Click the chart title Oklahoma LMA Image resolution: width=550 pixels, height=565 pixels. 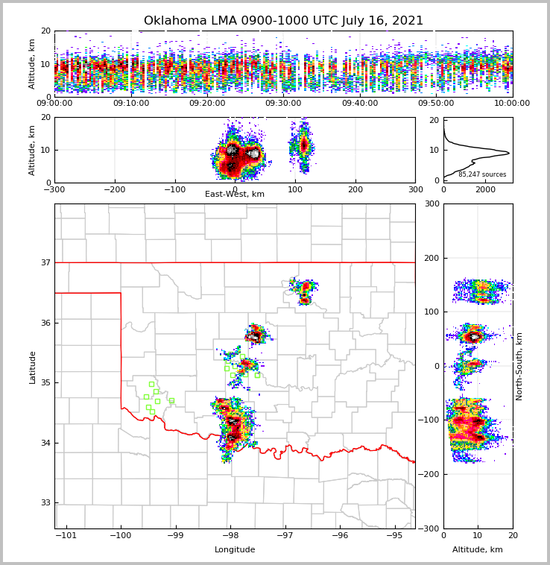pyautogui.click(x=283, y=21)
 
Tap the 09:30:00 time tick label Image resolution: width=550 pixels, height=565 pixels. pyautogui.click(x=283, y=104)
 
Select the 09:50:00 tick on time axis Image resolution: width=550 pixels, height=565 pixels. pyautogui.click(x=436, y=104)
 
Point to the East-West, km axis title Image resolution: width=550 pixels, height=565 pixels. pyautogui.click(x=235, y=195)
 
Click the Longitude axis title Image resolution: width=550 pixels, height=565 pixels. pyautogui.click(x=235, y=550)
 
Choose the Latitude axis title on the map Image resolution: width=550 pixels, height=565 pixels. pyautogui.click(x=33, y=367)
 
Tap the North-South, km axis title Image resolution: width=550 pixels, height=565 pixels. pyautogui.click(x=519, y=366)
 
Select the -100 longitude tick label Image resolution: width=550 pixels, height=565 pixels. pyautogui.click(x=121, y=535)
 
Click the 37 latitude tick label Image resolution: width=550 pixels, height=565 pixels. pyautogui.click(x=45, y=262)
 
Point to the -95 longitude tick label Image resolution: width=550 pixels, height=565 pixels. pyautogui.click(x=394, y=535)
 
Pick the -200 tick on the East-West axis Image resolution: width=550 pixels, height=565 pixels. pyautogui.click(x=115, y=189)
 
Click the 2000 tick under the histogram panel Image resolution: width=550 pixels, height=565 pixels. pyautogui.click(x=485, y=189)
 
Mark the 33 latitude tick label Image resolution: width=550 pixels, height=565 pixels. pyautogui.click(x=45, y=502)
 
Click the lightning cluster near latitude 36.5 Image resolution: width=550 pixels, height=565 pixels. pyautogui.click(x=304, y=290)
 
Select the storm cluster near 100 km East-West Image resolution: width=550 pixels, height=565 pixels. pyautogui.click(x=302, y=145)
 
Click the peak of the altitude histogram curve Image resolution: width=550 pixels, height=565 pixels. pyautogui.click(x=508, y=153)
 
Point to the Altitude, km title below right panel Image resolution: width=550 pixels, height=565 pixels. pyautogui.click(x=478, y=550)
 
